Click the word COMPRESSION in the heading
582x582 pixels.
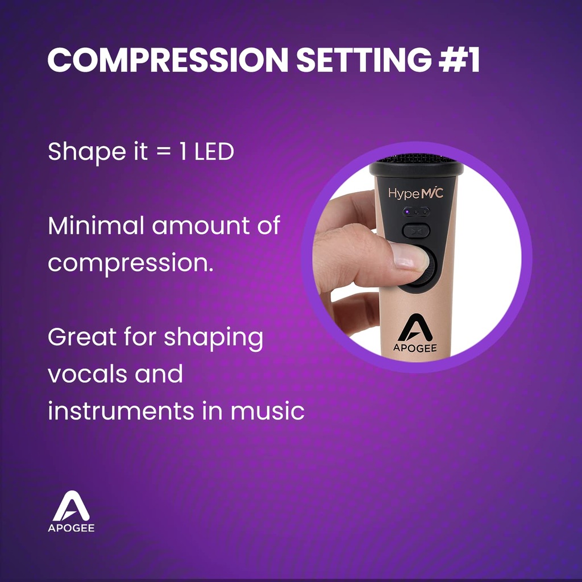coord(168,59)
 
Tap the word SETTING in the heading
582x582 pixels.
coord(364,59)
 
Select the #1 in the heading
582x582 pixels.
coord(459,59)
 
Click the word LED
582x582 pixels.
coord(214,151)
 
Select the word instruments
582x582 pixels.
coord(121,411)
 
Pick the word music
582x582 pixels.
coord(268,411)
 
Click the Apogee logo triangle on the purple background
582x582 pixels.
coord(71,506)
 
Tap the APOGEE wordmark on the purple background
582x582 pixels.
coord(71,528)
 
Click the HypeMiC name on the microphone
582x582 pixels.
coord(415,193)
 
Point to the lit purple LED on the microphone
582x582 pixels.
coord(407,212)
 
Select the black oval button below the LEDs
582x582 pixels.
coord(416,231)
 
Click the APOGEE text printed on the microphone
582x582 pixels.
coord(415,348)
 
